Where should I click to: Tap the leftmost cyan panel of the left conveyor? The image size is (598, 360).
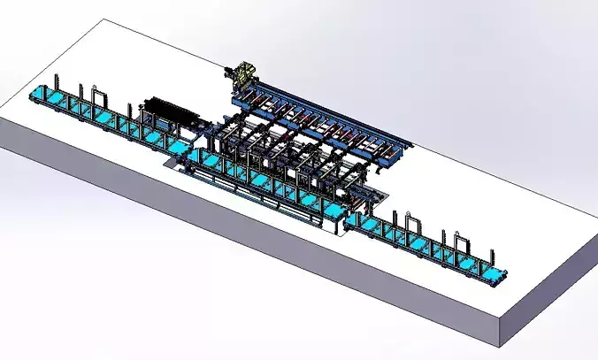point(39,94)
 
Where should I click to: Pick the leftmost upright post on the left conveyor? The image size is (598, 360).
point(57,80)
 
